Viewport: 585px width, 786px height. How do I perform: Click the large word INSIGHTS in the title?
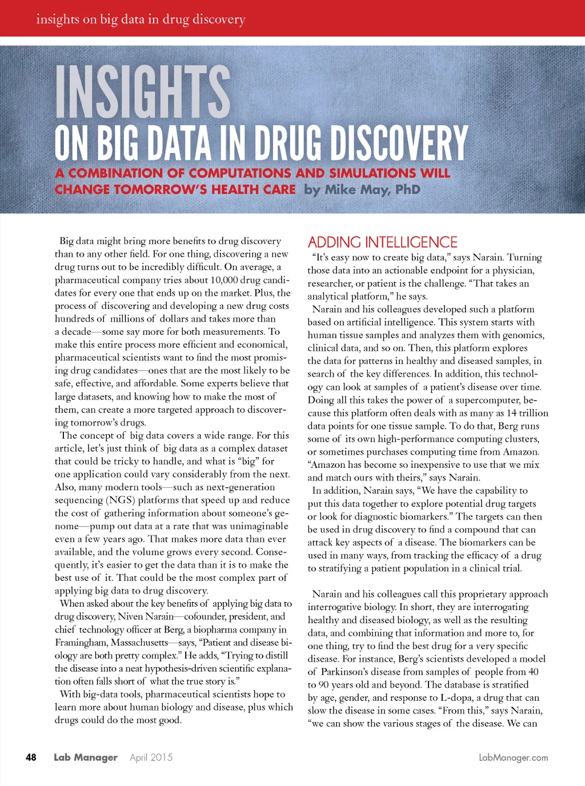coord(143,91)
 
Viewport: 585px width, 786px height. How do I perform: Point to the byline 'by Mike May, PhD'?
coord(362,190)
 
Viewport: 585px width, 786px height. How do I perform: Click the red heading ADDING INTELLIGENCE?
coord(383,242)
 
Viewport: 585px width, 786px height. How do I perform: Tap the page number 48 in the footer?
coord(31,757)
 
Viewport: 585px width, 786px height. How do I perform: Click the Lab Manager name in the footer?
coord(86,757)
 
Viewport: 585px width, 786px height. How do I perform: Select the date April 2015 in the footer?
coord(151,757)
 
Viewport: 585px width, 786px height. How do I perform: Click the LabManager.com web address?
coord(513,757)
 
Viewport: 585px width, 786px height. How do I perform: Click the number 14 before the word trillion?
coord(511,413)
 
